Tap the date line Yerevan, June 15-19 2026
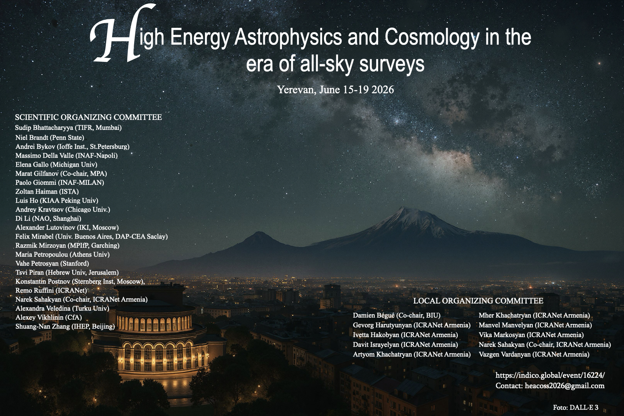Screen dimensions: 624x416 336,90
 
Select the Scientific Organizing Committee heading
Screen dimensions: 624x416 88,117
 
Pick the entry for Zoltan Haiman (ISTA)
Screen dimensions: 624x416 47,192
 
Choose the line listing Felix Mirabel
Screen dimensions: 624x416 92,237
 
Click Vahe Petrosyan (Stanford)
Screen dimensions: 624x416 52,263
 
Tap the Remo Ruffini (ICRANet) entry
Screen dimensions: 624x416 51,290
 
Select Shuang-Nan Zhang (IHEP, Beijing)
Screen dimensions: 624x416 65,326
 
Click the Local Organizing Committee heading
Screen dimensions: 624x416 478,301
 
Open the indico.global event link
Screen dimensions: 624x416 550,375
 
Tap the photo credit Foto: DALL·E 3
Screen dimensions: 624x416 576,407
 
